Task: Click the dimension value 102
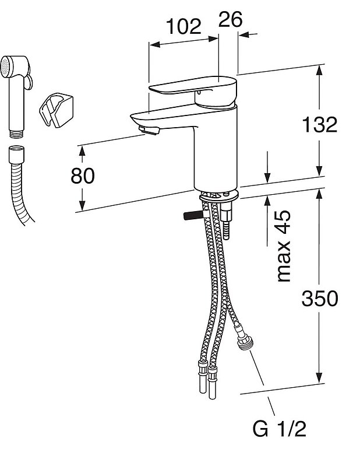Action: (x=183, y=26)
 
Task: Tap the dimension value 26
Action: (x=230, y=19)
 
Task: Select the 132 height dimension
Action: (x=320, y=125)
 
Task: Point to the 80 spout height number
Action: (x=82, y=176)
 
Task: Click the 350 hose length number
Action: (x=320, y=299)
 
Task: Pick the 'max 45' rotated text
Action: (x=283, y=246)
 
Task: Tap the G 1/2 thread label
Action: (x=279, y=429)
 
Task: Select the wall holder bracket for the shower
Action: (x=56, y=110)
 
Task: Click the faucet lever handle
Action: (x=193, y=85)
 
